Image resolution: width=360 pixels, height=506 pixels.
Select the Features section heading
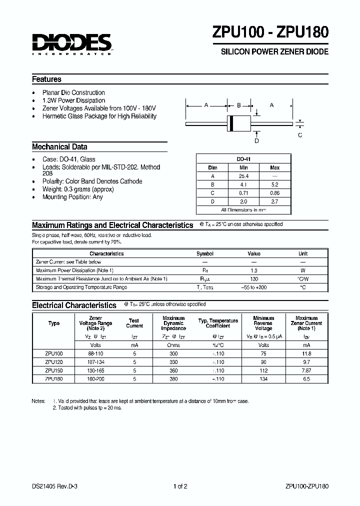pos(46,79)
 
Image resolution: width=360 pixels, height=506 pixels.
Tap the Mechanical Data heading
pos(59,147)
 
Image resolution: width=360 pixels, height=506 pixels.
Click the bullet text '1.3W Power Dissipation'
pos(73,100)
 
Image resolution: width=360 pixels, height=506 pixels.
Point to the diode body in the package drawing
pos(238,123)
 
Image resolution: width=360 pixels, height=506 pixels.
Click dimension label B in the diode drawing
pos(238,105)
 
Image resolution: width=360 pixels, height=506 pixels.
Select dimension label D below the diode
pos(256,140)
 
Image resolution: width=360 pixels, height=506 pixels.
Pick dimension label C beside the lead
pos(300,134)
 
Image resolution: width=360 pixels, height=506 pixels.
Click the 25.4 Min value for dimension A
pos(243,176)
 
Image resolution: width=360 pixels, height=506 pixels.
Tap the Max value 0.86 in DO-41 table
pos(274,192)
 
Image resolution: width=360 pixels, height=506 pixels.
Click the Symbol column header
pos(205,253)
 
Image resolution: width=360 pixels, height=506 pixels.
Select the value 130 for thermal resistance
pos(254,278)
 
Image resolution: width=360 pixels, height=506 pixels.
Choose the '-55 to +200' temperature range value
pos(254,287)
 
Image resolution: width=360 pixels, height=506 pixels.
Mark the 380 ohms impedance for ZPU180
pos(173,378)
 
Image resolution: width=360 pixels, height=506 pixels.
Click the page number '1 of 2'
pos(180,486)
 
